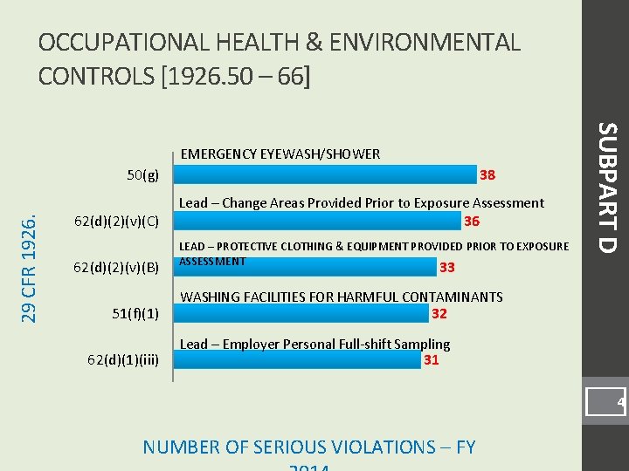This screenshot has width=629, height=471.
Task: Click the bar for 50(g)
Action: (328, 174)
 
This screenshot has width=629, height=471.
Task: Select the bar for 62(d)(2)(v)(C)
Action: (320, 221)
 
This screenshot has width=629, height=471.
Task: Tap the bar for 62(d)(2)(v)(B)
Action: (307, 267)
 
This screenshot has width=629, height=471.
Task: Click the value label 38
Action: (487, 174)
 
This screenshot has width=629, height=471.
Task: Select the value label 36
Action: (472, 221)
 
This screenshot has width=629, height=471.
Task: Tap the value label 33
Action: (447, 267)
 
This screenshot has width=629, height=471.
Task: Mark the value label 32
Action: (439, 313)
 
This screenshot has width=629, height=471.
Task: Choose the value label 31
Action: (431, 358)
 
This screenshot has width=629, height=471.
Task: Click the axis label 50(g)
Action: (143, 174)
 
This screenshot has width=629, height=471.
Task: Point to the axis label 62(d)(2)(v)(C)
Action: (115, 221)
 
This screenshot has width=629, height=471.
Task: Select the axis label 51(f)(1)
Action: (135, 313)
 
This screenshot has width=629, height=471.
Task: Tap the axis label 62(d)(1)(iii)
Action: (122, 358)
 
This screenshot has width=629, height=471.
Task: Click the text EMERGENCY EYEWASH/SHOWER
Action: (280, 154)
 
